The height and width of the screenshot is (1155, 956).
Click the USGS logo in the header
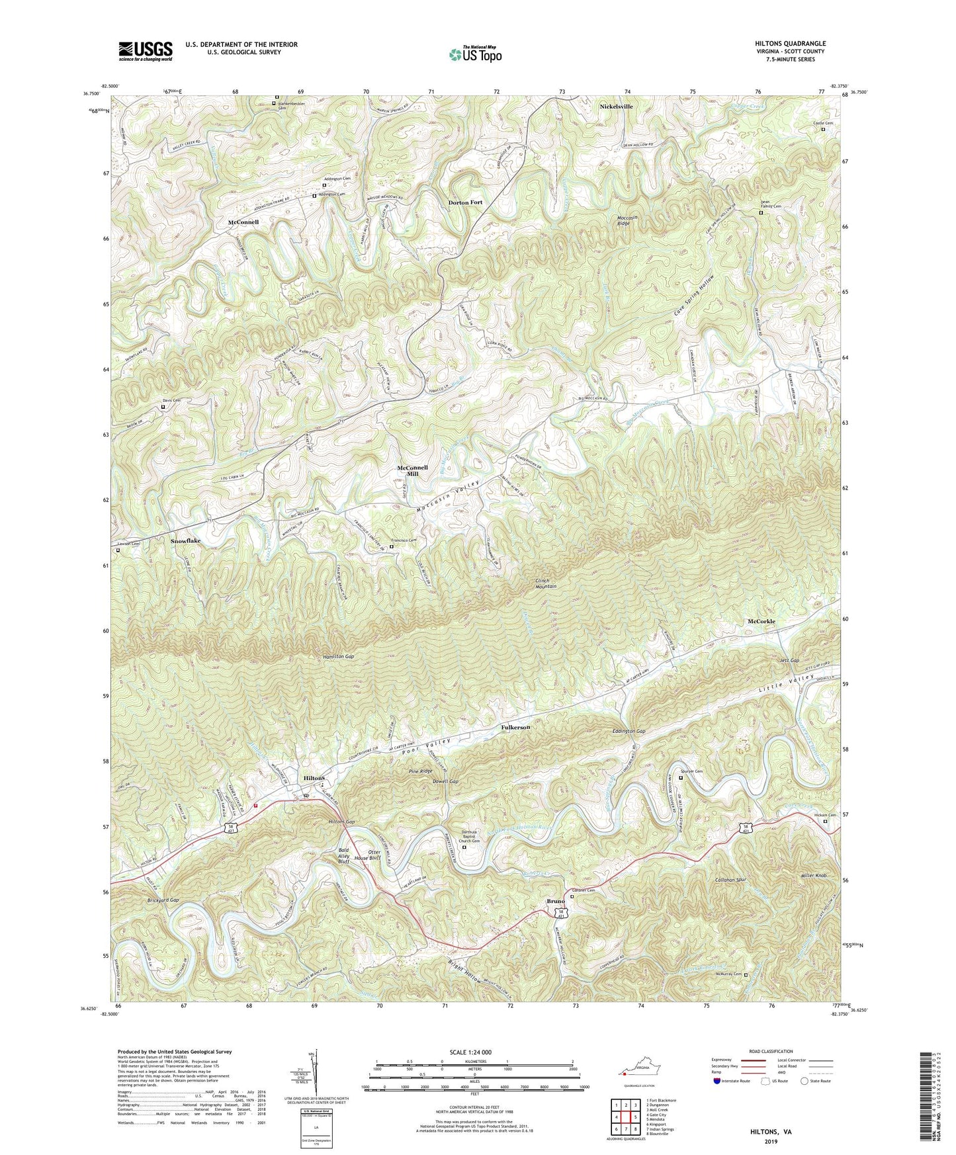(x=146, y=51)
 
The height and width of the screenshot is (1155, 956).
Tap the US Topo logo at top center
(x=474, y=54)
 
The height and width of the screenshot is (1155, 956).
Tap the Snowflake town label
(x=185, y=540)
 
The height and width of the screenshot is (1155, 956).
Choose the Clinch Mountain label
(x=546, y=583)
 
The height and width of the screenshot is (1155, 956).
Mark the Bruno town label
(x=555, y=902)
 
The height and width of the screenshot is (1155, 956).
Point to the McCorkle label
(x=761, y=622)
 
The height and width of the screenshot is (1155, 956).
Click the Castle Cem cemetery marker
(x=823, y=130)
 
